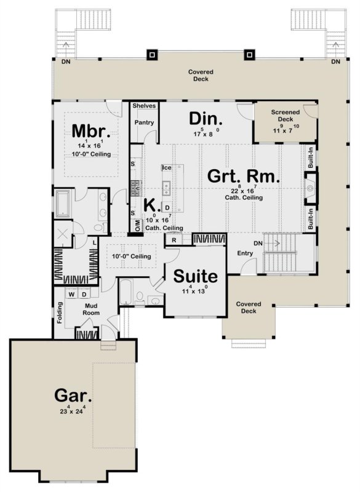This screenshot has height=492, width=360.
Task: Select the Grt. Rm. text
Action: click(243, 177)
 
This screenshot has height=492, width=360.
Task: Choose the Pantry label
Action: click(145, 122)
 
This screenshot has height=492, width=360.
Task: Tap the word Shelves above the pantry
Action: click(145, 106)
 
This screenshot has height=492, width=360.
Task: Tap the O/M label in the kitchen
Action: click(137, 228)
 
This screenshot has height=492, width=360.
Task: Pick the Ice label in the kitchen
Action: click(166, 167)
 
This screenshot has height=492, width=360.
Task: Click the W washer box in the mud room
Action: click(73, 293)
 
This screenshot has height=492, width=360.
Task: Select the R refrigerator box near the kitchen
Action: click(175, 239)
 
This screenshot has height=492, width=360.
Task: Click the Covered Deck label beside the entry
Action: click(248, 307)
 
